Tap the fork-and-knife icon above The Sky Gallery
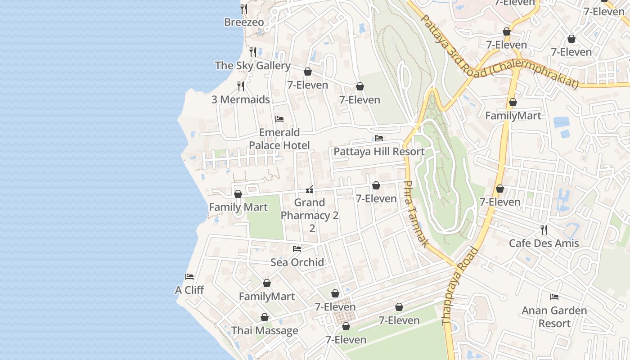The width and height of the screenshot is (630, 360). [253, 52]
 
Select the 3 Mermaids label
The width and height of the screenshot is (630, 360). [241, 99]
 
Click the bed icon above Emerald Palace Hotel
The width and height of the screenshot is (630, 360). [279, 119]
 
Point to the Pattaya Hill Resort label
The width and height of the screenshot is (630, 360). [379, 152]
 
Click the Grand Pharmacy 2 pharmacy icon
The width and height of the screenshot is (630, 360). [310, 189]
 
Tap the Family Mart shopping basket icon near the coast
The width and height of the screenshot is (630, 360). [238, 194]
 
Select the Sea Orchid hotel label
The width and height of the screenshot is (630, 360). [297, 262]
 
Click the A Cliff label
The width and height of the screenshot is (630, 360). [189, 290]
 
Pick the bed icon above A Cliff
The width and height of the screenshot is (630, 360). [189, 277]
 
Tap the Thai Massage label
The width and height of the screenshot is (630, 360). [265, 331]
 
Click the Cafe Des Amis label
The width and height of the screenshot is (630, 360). [544, 243]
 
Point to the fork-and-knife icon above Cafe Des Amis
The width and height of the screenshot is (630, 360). [544, 230]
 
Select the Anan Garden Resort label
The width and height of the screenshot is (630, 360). [554, 317]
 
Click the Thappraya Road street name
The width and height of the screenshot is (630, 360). [460, 286]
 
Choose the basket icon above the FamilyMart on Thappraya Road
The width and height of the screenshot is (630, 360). [513, 103]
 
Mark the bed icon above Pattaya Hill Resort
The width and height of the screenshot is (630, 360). [379, 138]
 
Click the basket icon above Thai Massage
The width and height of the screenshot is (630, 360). [265, 318]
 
